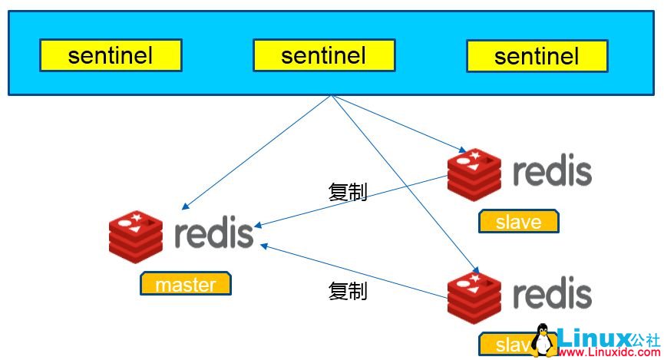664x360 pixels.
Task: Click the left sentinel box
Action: (111, 55)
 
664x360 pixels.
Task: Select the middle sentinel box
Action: (323, 55)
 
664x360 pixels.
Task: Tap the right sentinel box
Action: (537, 56)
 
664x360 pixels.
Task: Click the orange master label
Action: (185, 284)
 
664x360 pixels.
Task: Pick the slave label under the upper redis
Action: (519, 221)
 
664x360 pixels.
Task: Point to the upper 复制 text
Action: (348, 191)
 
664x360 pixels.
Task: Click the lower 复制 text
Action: (348, 291)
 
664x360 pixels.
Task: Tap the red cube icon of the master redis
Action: (136, 235)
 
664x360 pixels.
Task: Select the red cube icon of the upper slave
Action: (474, 173)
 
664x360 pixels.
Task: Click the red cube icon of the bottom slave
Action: (474, 297)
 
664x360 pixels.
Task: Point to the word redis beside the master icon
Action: (213, 233)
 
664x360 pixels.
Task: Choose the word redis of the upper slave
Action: (552, 172)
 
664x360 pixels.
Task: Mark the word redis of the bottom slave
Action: (552, 296)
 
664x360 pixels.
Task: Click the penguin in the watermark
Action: (543, 340)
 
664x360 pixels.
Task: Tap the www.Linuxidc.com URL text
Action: (606, 352)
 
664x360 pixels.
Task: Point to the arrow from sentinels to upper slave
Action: (395, 123)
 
